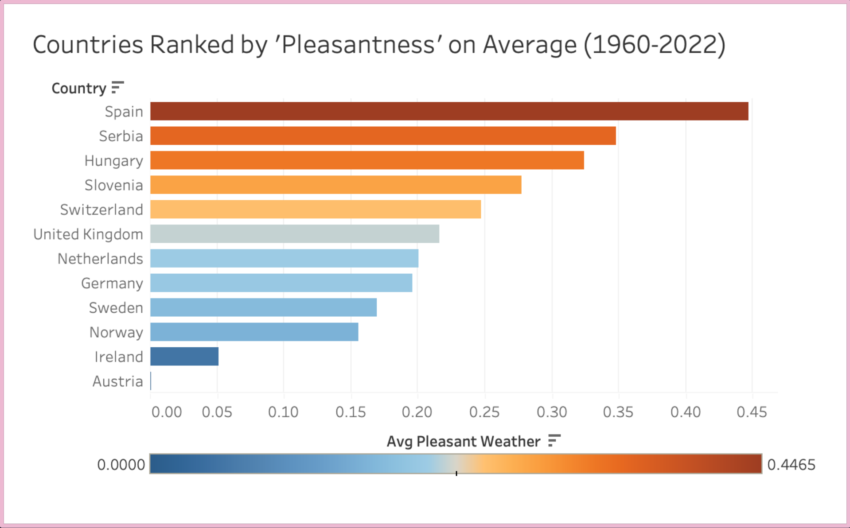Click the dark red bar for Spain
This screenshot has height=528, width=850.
(x=448, y=111)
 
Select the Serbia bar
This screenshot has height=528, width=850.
(x=383, y=136)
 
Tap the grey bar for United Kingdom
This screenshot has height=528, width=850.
(x=294, y=234)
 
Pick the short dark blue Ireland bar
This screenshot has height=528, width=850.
(x=184, y=357)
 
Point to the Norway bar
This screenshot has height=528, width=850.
(x=254, y=332)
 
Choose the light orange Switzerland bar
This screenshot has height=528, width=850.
(x=315, y=209)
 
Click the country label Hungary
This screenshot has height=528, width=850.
(x=113, y=161)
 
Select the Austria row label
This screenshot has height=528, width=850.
(x=117, y=381)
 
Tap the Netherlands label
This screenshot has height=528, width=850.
(x=100, y=259)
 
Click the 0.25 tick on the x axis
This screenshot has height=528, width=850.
(x=484, y=412)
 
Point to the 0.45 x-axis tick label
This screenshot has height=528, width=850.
(x=752, y=412)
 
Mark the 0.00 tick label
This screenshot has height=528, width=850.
(x=167, y=412)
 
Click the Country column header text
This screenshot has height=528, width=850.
(x=79, y=88)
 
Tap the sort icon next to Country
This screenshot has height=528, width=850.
(x=117, y=87)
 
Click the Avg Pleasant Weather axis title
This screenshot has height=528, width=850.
(x=463, y=442)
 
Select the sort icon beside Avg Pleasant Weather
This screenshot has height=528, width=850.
(x=554, y=440)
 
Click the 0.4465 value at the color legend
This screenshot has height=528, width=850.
(x=791, y=465)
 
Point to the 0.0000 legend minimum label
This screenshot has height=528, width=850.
(x=121, y=465)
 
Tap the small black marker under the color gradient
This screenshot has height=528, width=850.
(x=456, y=474)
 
